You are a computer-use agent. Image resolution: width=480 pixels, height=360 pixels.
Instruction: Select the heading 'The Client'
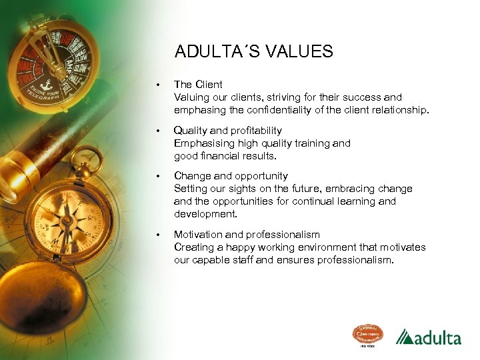pyautogui.click(x=198, y=85)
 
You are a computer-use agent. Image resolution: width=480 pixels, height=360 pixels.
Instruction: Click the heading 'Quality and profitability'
pyautogui.click(x=227, y=131)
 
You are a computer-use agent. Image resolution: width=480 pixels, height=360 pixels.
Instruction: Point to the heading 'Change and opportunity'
pyautogui.click(x=231, y=176)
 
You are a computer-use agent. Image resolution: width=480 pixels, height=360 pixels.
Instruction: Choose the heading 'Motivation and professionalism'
pyautogui.click(x=247, y=235)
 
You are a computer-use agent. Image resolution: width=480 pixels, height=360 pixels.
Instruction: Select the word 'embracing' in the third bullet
pyautogui.click(x=349, y=189)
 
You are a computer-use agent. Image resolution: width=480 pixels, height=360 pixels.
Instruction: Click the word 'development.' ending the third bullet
pyautogui.click(x=206, y=214)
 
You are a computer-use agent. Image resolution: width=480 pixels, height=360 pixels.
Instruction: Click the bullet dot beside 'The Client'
pyautogui.click(x=157, y=85)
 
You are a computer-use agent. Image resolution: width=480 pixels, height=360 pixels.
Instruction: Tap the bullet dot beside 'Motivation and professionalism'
pyautogui.click(x=157, y=235)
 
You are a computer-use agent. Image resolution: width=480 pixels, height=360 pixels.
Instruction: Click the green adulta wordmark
pyautogui.click(x=437, y=338)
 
